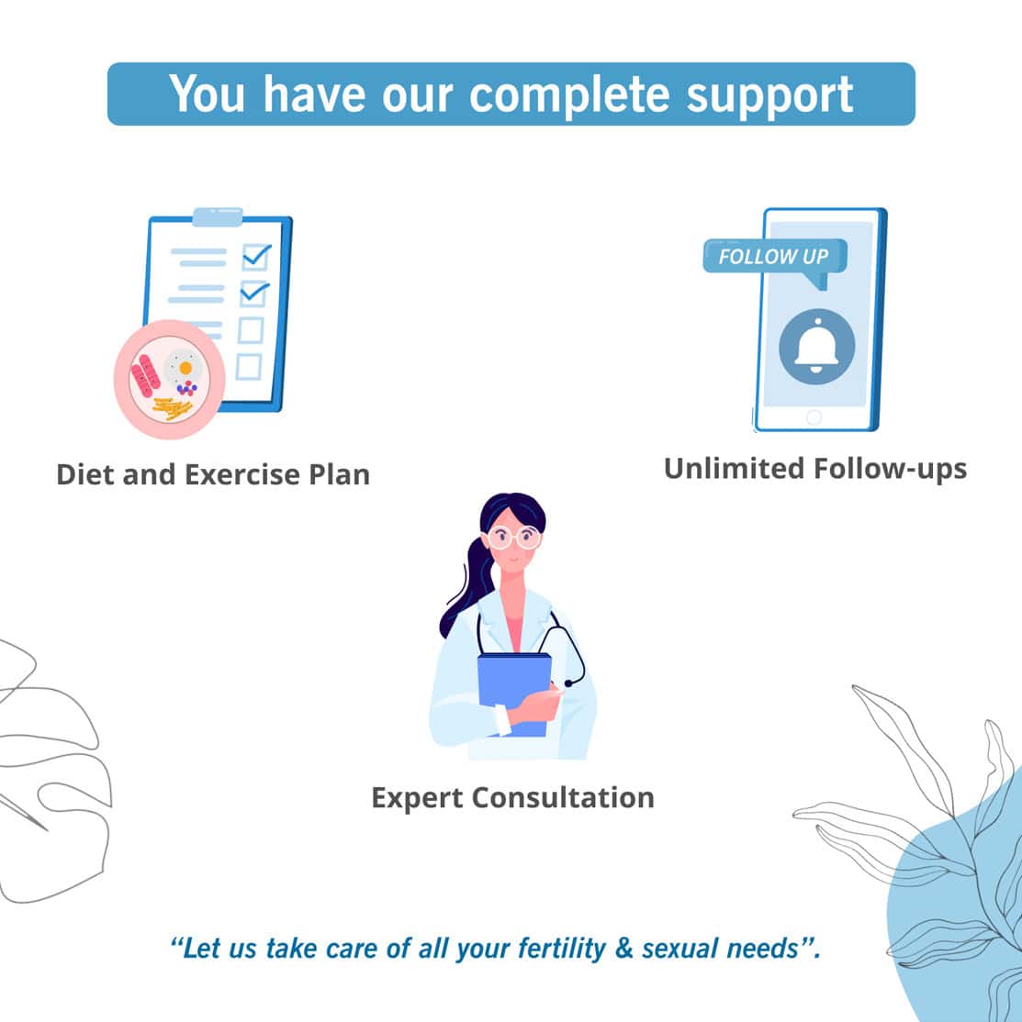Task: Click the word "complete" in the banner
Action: [x=568, y=95]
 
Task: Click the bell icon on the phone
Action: [x=816, y=346]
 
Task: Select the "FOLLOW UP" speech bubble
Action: [x=775, y=261]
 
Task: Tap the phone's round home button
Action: [x=814, y=417]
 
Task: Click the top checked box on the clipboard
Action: [x=255, y=256]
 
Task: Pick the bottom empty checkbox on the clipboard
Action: [x=249, y=367]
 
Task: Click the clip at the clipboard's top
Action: [x=218, y=217]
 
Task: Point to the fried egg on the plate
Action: [x=184, y=367]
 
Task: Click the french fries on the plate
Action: [x=173, y=408]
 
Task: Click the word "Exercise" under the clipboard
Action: [x=242, y=474]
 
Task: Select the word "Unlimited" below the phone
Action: [x=733, y=469]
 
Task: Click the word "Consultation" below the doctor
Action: [x=563, y=798]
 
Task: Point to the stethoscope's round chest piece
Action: [x=568, y=683]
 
